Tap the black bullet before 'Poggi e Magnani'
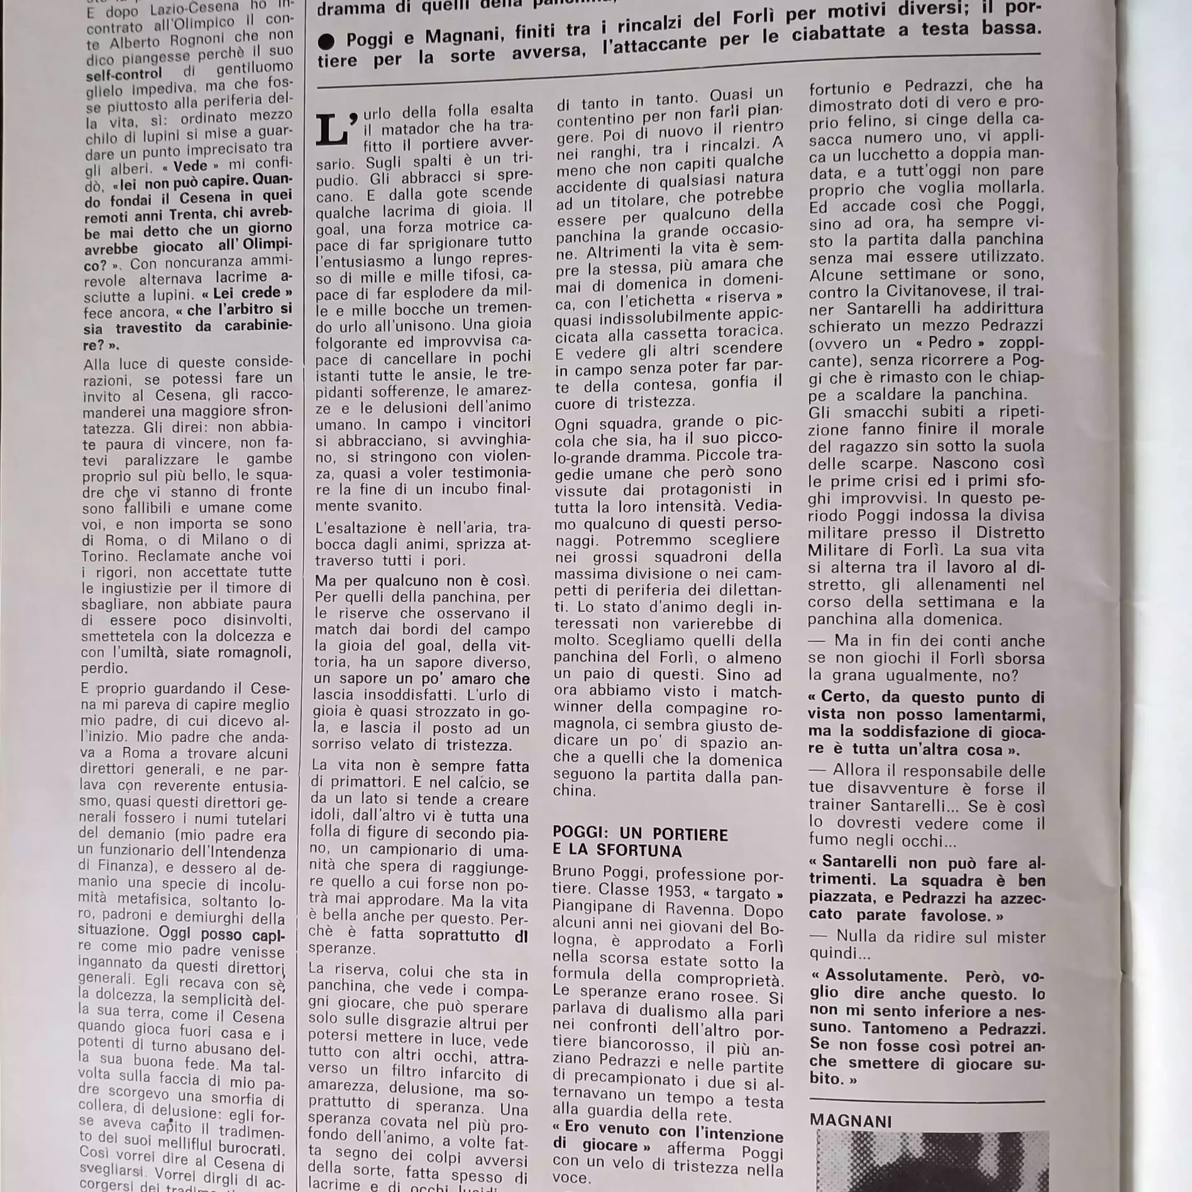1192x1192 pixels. (x=326, y=41)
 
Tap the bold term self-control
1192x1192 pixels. (x=124, y=75)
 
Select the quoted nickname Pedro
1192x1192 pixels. (x=950, y=343)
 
